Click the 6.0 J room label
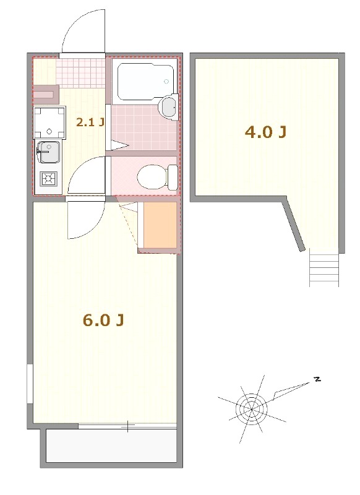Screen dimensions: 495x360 104,320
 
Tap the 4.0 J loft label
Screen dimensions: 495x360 265,132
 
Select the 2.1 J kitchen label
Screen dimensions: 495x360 90,122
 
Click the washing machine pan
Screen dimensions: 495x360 49,122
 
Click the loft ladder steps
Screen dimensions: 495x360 324,269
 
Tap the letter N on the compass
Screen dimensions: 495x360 317,379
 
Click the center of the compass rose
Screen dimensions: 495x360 251,408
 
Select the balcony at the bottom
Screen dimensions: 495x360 111,446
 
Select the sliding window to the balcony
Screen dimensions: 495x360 127,426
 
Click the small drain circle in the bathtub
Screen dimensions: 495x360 166,81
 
